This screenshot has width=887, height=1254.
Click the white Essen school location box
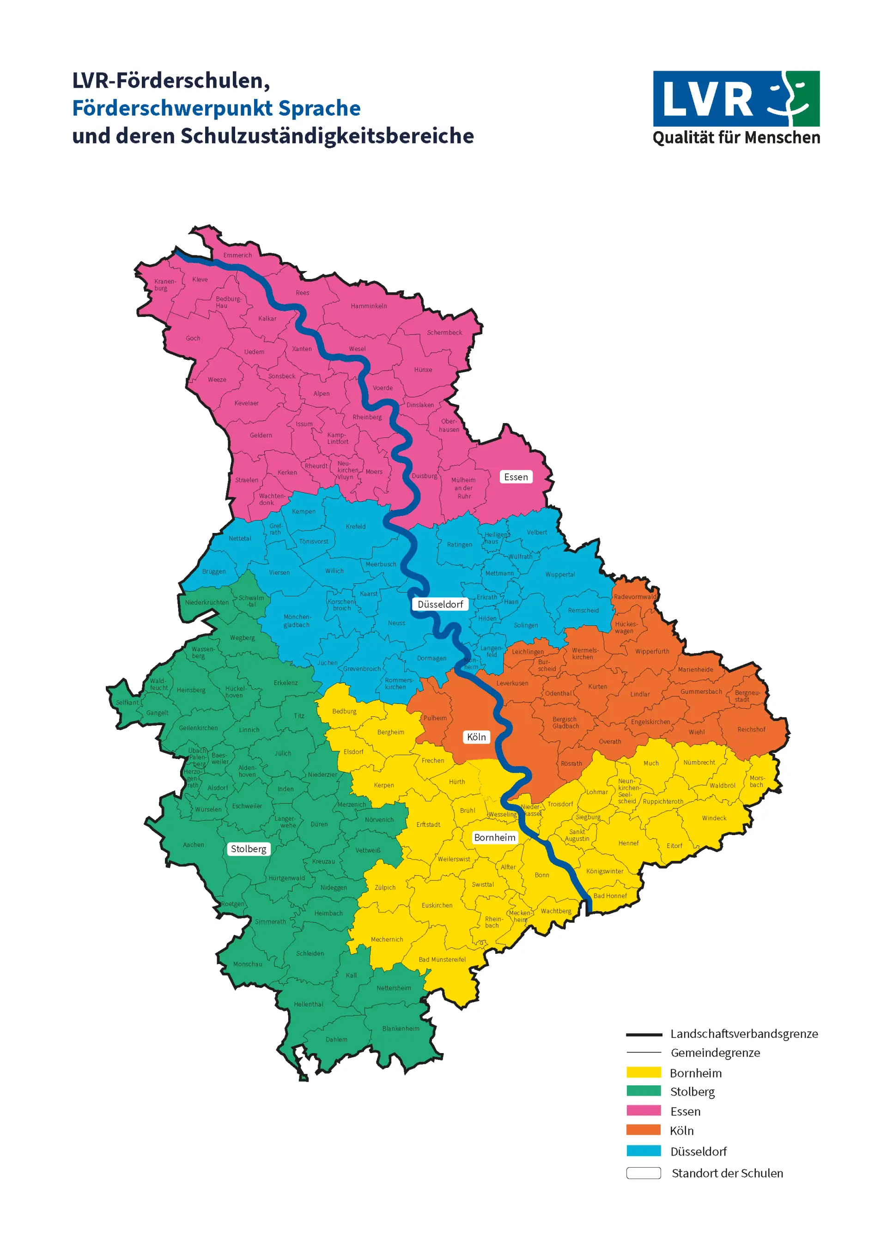[x=516, y=477]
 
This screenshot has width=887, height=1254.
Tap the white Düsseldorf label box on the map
[x=440, y=604]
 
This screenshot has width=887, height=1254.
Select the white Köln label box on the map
[x=476, y=737]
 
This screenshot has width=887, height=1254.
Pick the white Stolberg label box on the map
[x=249, y=849]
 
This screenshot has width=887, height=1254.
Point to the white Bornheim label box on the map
[x=495, y=837]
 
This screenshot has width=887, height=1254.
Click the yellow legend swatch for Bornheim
[x=644, y=1072]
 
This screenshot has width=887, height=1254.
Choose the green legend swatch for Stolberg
[x=644, y=1091]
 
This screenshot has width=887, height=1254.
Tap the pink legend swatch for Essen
[x=644, y=1111]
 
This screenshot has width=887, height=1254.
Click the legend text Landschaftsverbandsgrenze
[x=744, y=1034]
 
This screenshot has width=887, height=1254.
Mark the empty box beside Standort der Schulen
[x=644, y=1173]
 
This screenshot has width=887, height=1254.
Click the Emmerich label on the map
[x=237, y=255]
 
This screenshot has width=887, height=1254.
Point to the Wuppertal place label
[x=560, y=574]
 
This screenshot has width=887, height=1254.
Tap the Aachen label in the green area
[x=194, y=844]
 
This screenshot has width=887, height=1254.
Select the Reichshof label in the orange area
[x=751, y=729]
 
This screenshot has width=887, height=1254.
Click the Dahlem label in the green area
[x=336, y=1039]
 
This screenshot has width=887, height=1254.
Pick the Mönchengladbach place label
[x=297, y=620]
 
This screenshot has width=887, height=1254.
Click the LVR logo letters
[x=708, y=99]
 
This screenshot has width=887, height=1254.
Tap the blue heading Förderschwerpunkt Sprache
[x=216, y=108]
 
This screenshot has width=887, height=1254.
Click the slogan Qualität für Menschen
[x=736, y=137]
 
